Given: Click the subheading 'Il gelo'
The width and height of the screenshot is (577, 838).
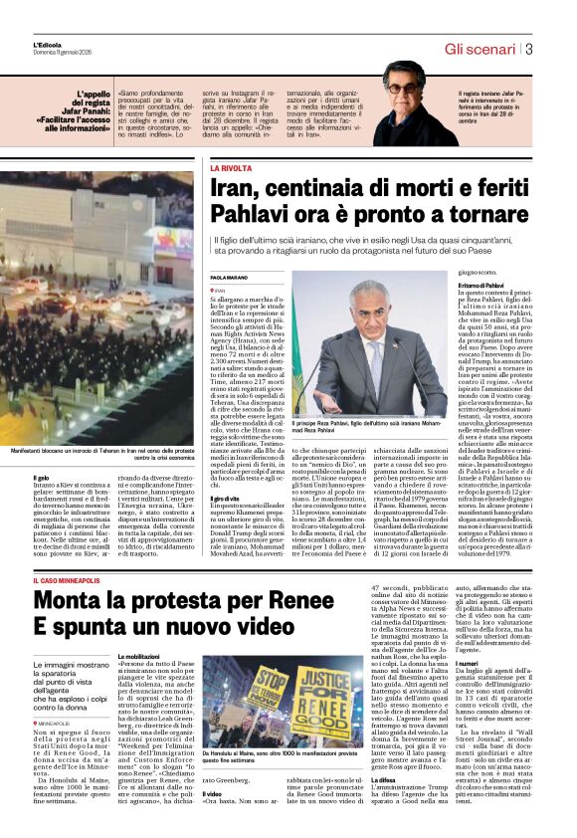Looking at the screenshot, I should (40, 478).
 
